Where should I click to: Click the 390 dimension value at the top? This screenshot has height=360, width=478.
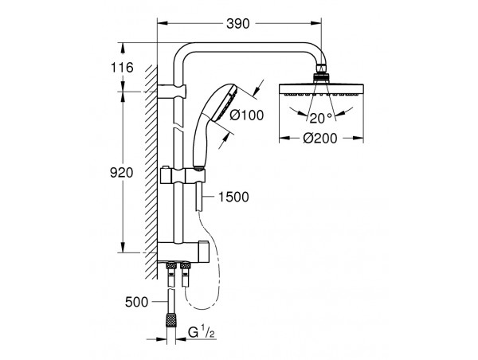coord(237,24)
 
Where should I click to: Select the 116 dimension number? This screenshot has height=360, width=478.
coord(122,68)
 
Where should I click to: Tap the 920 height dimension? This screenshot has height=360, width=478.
coord(122,173)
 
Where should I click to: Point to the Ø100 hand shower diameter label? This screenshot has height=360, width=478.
coord(246,115)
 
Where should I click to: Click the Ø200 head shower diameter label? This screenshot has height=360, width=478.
coord(320,139)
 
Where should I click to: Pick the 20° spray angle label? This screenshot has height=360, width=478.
coord(321,118)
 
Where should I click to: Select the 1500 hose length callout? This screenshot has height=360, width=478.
coord(233,197)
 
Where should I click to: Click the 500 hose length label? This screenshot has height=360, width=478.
coord(136,302)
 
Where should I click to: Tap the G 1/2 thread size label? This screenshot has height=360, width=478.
coord(202,333)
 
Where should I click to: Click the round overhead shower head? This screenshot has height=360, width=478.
coord(321,90)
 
